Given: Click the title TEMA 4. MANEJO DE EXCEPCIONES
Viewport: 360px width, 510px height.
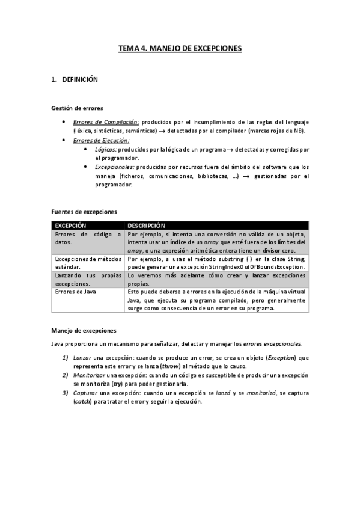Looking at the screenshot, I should pyautogui.click(x=180, y=47).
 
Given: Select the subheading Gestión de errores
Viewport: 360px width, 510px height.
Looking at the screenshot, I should pyautogui.click(x=76, y=108).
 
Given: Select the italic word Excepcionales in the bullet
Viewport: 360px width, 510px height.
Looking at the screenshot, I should pyautogui.click(x=115, y=167).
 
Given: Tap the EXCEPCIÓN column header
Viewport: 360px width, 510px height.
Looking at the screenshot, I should pyautogui.click(x=71, y=225).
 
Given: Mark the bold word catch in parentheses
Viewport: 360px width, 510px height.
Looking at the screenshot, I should pyautogui.click(x=83, y=401).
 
